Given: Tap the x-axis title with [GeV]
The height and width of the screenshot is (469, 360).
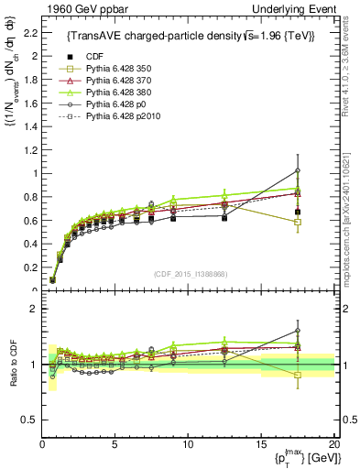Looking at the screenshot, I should tap(298, 458).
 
